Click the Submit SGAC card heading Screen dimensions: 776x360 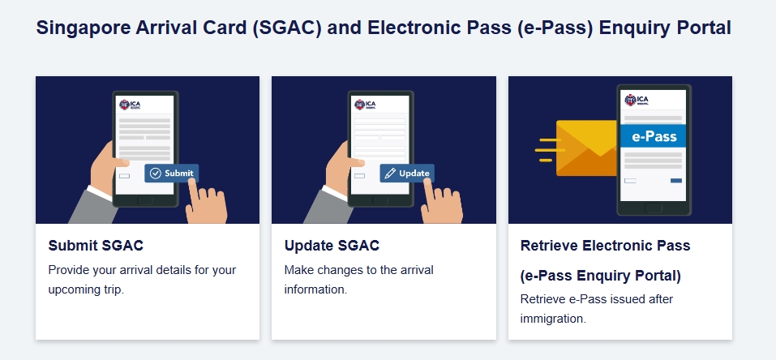96,246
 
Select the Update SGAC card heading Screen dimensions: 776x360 332,246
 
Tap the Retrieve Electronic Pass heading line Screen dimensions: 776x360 605,246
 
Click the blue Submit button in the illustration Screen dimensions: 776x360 172,174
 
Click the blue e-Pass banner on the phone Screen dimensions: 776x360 654,135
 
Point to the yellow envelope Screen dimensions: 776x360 587,148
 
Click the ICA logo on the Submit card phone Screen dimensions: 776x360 131,105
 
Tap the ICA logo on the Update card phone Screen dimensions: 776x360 365,105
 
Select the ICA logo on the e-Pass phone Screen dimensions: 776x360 637,100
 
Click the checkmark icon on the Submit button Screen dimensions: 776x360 156,174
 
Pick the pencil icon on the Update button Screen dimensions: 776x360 390,174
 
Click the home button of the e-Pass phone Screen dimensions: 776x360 654,208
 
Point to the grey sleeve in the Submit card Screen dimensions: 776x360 93,206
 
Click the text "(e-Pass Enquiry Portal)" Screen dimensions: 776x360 600,276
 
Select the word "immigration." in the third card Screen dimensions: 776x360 553,319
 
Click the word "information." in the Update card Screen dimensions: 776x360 315,289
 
